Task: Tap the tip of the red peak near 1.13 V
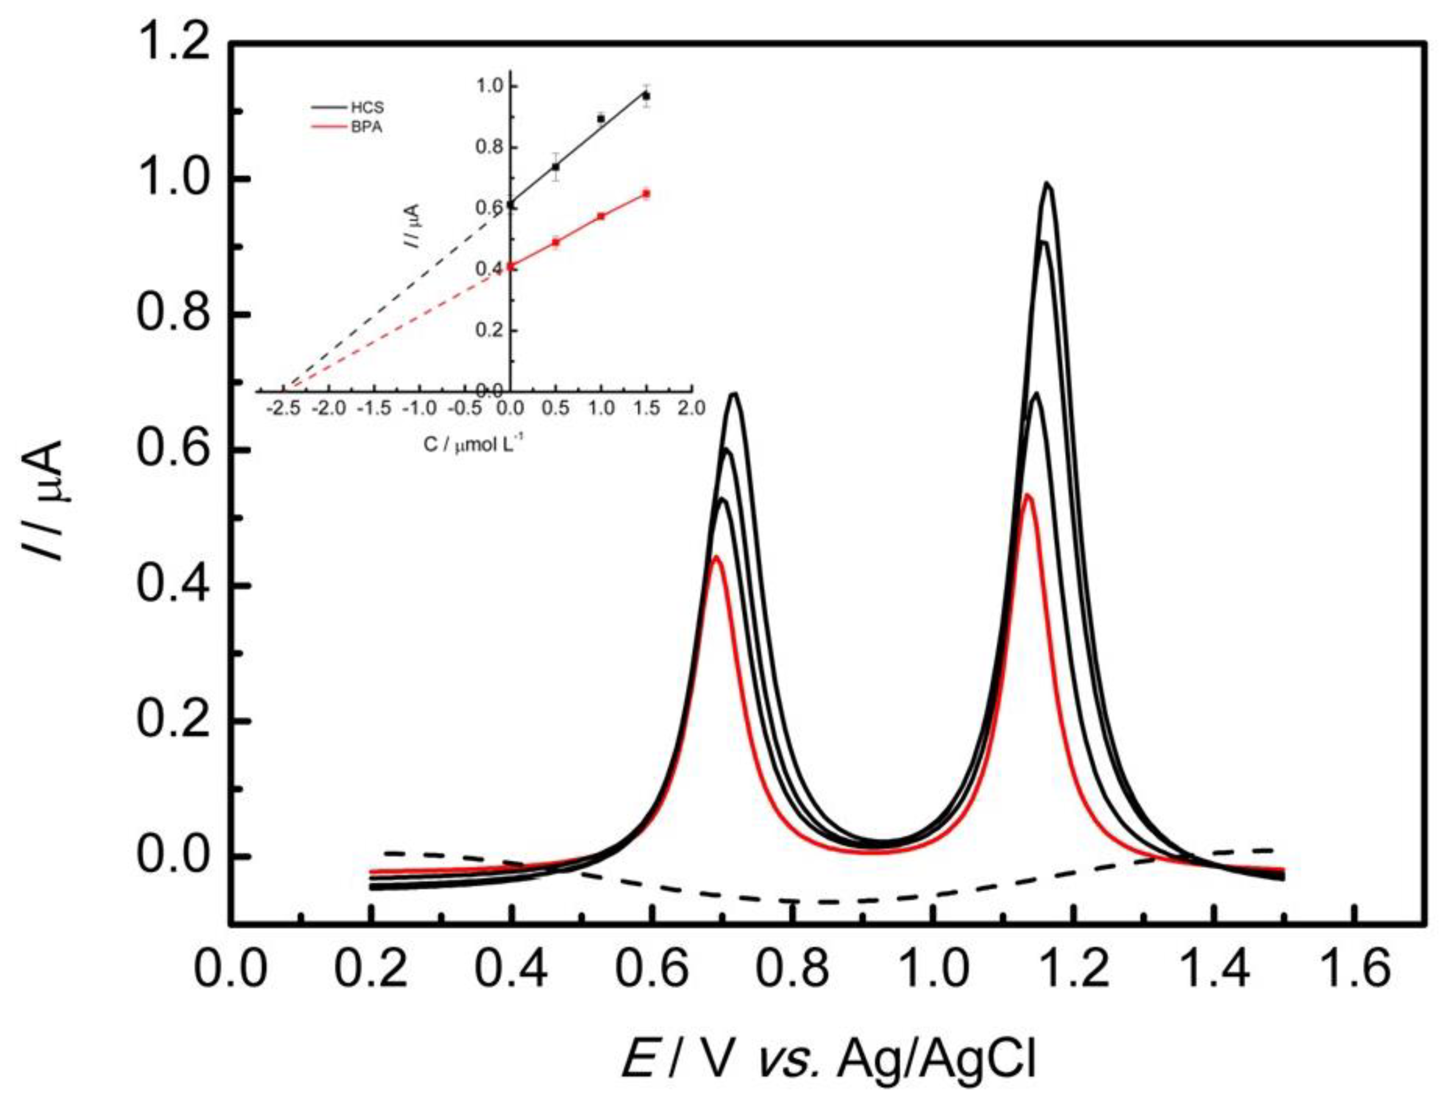click(x=1025, y=495)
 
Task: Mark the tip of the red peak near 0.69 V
click(x=717, y=557)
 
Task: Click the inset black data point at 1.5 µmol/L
click(x=646, y=96)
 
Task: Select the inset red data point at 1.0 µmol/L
click(x=601, y=216)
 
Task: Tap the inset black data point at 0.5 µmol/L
click(x=556, y=167)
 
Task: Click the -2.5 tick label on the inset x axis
click(x=284, y=408)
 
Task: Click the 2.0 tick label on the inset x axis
click(x=690, y=408)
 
